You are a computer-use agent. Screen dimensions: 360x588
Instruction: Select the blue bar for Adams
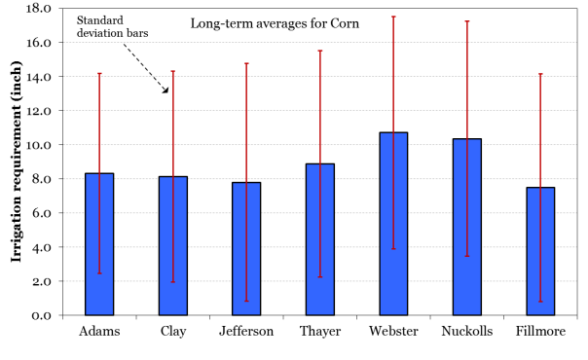(99, 244)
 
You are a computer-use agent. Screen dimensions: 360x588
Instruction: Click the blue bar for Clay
(173, 245)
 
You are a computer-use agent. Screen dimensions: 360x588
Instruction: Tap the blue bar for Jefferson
(246, 248)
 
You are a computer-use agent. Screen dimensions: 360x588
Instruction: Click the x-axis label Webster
(393, 332)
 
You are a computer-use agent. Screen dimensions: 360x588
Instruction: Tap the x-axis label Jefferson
(246, 332)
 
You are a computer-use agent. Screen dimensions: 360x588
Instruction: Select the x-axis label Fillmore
(540, 332)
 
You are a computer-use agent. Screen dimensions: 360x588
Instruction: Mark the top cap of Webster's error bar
(393, 17)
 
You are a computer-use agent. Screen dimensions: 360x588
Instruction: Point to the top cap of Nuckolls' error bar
(467, 21)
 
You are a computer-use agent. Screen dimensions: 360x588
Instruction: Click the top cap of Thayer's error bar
(320, 51)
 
